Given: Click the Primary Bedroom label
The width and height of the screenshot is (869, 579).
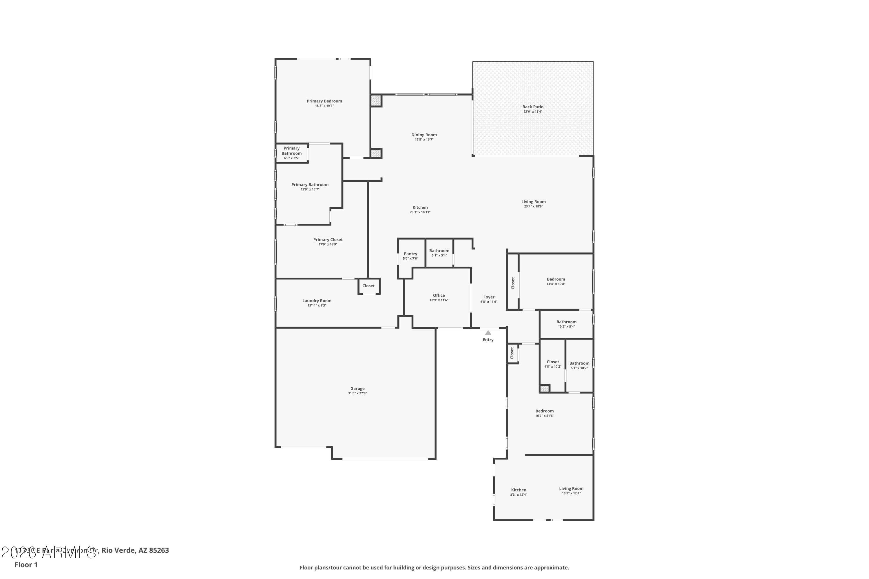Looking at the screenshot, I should tap(324, 101).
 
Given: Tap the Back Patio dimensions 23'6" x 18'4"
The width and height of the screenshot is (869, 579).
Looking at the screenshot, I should tap(532, 111).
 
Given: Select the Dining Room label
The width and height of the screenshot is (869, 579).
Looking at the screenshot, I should tap(424, 135).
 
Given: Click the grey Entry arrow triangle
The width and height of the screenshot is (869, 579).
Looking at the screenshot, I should tap(488, 333).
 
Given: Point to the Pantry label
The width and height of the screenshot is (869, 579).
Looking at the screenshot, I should tap(410, 254).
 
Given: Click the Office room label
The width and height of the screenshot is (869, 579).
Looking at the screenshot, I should tap(439, 295).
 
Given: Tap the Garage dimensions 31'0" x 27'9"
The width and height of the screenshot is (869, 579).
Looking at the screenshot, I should tap(357, 393).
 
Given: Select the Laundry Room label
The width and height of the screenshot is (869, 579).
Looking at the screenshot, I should tap(317, 301).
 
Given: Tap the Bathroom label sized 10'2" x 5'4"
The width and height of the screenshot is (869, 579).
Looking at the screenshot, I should tap(566, 322).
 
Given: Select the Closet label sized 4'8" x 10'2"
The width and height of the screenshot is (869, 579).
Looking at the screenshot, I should tap(552, 362).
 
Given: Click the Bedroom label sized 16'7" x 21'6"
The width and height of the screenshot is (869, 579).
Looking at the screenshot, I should tap(544, 411).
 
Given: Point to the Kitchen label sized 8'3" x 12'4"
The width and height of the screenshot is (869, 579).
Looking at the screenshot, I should tap(519, 490).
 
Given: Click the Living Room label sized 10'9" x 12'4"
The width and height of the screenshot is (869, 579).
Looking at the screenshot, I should tap(571, 489).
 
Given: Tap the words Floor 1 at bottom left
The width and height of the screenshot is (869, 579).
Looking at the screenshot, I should tap(26, 565).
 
